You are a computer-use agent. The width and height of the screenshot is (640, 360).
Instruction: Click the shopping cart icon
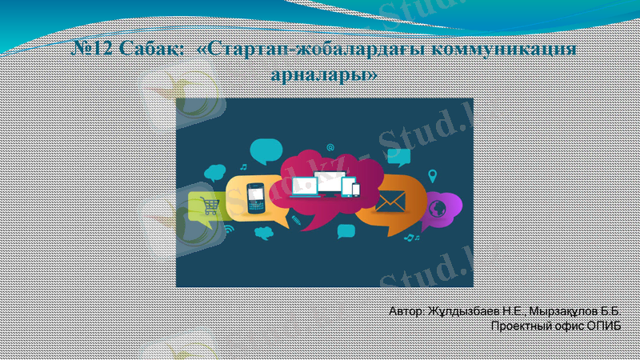click(210, 206)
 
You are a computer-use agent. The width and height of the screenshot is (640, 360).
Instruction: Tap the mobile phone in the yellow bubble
click(254, 197)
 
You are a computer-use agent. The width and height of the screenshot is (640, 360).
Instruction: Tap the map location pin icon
click(433, 175)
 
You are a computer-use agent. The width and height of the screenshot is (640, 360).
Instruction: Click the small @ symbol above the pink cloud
click(330, 147)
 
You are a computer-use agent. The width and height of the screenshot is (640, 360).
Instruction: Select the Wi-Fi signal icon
click(229, 229)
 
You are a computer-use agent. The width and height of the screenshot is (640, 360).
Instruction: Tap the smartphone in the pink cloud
click(356, 190)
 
